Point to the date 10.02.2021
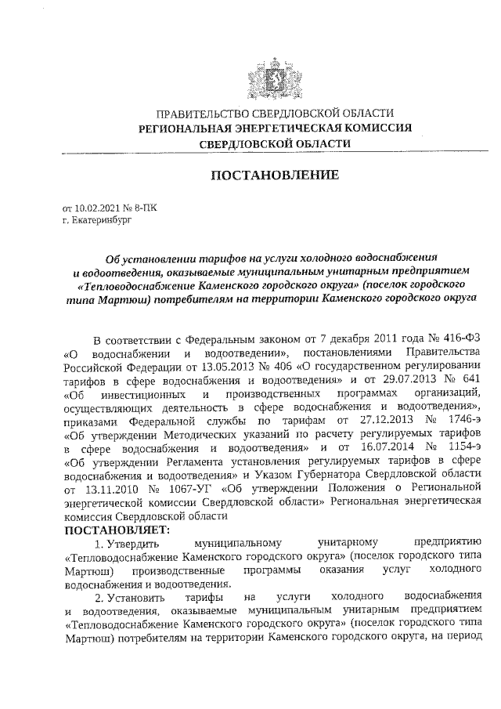point(97,209)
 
